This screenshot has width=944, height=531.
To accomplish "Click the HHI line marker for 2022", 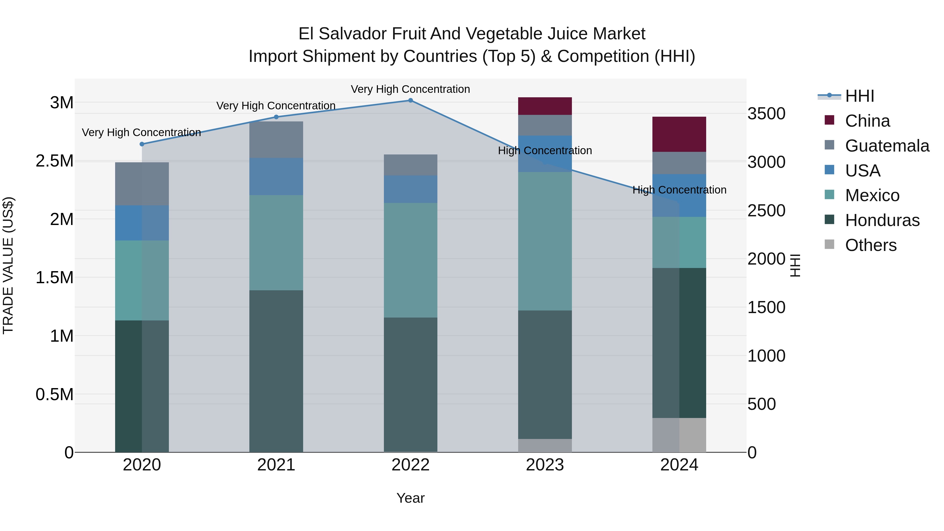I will pos(410,100).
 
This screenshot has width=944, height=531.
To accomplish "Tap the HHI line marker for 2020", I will pos(142,144).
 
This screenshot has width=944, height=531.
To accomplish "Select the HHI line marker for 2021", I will pos(276,117).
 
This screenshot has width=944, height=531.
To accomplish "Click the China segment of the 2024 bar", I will pos(679,134).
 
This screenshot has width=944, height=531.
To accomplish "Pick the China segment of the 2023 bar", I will pos(545,106).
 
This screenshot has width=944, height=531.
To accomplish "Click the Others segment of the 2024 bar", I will pos(679,435).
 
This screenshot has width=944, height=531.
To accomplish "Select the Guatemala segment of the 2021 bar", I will pos(276,140).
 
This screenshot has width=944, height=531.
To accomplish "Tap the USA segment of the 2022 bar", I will pos(410,189).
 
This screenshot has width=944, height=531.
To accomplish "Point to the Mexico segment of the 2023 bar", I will pos(545,241).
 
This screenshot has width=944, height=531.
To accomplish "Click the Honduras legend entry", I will pos(882,220).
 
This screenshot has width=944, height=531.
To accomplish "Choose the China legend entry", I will pos(867,121).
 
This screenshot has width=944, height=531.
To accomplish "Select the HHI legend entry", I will pos(859,96).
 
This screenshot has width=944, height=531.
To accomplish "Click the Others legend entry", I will pos(871,245).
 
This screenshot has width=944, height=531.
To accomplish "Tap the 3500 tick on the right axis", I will pos(766,114).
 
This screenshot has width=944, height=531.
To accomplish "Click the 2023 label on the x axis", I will pos(545,465).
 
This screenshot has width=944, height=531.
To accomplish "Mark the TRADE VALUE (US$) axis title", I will pos(8,265).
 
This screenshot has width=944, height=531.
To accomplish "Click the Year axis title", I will pos(410,498).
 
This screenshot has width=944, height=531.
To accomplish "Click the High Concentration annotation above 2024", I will pos(679,190).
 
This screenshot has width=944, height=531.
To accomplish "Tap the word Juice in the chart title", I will pos(568,34).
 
